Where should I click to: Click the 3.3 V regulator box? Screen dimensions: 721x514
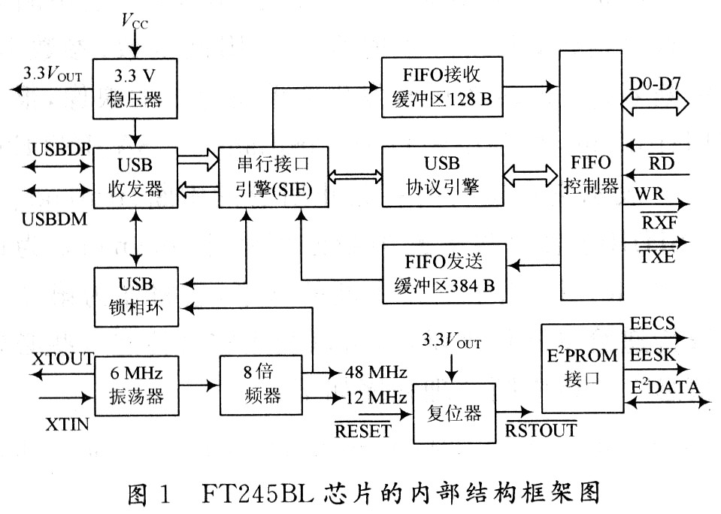135,88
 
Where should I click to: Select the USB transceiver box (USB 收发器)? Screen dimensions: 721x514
135,177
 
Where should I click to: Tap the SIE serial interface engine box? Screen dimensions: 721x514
274,177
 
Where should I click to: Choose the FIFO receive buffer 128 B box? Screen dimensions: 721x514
442,87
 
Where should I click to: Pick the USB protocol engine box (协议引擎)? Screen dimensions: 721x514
442,176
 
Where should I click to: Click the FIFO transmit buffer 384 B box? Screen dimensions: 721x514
444,274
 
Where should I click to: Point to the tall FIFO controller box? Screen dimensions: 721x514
592,175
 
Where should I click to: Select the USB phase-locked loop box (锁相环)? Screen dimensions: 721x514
136,297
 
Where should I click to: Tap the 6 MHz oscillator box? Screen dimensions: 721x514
137,385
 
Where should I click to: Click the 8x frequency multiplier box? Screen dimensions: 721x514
261,385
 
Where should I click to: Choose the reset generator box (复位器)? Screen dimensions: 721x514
454,413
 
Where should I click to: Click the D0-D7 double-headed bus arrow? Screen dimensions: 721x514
655,104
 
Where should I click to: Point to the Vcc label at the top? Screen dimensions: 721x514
135,21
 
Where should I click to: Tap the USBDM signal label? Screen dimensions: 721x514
55,219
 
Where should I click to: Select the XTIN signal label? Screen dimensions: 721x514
67,424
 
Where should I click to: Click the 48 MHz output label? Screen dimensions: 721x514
376,371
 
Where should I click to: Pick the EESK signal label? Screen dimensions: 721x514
653,355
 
